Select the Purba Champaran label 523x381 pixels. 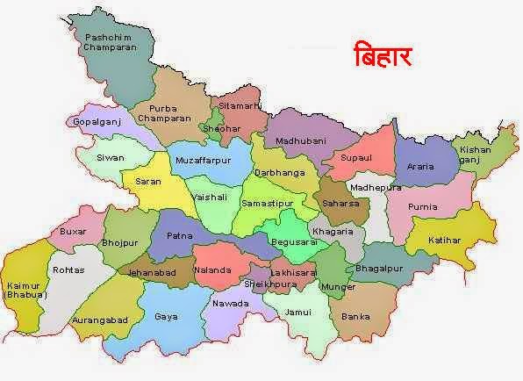tap(163, 111)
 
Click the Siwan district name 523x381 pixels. tap(111, 158)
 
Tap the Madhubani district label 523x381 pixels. tap(300, 140)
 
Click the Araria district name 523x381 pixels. tap(420, 166)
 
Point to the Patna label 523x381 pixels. tap(178, 236)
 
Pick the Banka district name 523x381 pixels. tap(355, 315)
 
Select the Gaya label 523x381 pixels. tap(166, 316)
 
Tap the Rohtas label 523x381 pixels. tap(68, 270)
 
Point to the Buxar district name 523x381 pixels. tap(71, 232)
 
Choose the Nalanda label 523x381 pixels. tap(212, 270)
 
